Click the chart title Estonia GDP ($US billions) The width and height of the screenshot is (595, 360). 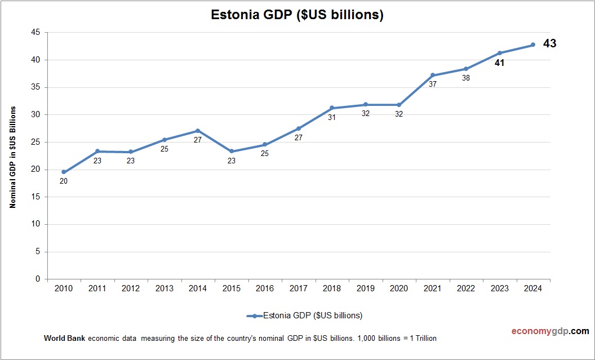click(x=297, y=15)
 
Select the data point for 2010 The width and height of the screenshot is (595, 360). click(x=64, y=172)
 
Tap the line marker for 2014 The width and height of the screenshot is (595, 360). click(x=198, y=131)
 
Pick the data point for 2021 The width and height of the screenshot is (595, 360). click(x=433, y=75)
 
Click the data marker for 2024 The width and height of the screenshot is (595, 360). click(x=533, y=45)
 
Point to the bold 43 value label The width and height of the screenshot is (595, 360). click(x=549, y=43)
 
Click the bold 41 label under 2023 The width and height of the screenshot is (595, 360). click(x=499, y=63)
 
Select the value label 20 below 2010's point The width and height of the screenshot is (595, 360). click(x=64, y=181)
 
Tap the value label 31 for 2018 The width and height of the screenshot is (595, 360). click(x=332, y=118)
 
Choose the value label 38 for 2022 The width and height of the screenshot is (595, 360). click(x=466, y=79)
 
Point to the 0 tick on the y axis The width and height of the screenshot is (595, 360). click(x=37, y=279)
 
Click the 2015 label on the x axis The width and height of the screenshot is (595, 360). click(x=231, y=288)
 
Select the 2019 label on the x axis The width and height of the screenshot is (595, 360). click(x=365, y=288)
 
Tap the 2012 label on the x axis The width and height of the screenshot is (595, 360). click(x=131, y=288)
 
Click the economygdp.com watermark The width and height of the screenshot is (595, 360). click(x=542, y=331)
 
